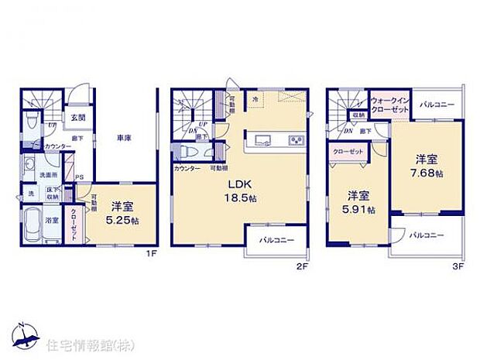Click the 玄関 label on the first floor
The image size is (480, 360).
78,118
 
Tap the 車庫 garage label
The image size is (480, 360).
124,139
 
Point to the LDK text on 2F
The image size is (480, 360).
237,185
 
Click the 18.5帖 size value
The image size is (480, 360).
237,199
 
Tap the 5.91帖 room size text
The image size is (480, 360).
361,209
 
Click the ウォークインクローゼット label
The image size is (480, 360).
390,105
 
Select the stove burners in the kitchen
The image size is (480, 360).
296,140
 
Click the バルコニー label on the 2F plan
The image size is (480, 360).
276,240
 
